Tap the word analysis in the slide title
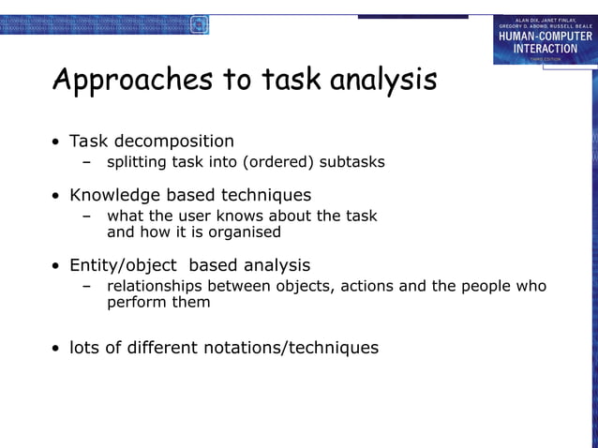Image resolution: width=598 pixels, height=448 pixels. click(x=383, y=81)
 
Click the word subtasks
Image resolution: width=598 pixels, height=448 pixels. click(x=352, y=162)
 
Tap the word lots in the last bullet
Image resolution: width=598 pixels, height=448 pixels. click(x=85, y=348)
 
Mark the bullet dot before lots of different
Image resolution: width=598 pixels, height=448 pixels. click(x=56, y=350)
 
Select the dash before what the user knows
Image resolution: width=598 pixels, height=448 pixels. click(x=87, y=217)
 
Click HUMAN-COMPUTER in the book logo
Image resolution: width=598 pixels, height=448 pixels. click(x=544, y=37)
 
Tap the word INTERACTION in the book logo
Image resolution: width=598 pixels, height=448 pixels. click(x=544, y=49)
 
